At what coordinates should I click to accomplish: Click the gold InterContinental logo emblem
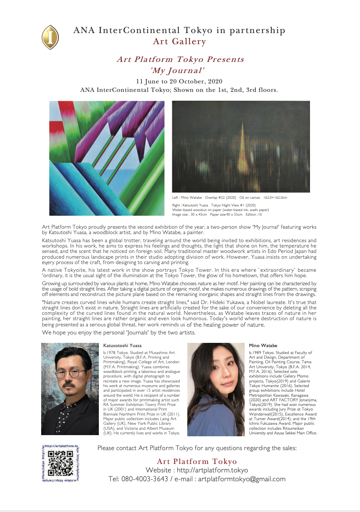pyautogui.click(x=50, y=37)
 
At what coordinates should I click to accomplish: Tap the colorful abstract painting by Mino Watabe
pyautogui.click(x=107, y=158)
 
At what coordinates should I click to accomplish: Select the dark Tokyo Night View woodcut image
pyautogui.click(x=241, y=146)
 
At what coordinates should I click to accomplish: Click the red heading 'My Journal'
pyautogui.click(x=177, y=70)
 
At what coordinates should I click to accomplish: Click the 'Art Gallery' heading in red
pyautogui.click(x=179, y=42)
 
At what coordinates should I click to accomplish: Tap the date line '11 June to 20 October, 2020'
pyautogui.click(x=179, y=81)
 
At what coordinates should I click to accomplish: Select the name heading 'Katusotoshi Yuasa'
pyautogui.click(x=122, y=346)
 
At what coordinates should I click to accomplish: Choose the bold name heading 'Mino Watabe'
pyautogui.click(x=263, y=346)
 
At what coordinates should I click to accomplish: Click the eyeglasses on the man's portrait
pyautogui.click(x=72, y=373)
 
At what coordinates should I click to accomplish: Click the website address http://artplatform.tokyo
pyautogui.click(x=212, y=470)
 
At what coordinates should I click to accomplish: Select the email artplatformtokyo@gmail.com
pyautogui.click(x=242, y=479)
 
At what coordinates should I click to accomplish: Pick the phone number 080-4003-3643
pyautogui.click(x=145, y=479)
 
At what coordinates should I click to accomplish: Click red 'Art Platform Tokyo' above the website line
pyautogui.click(x=197, y=461)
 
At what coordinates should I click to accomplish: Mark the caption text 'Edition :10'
pyautogui.click(x=254, y=214)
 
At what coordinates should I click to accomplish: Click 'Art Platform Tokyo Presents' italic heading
pyautogui.click(x=180, y=59)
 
